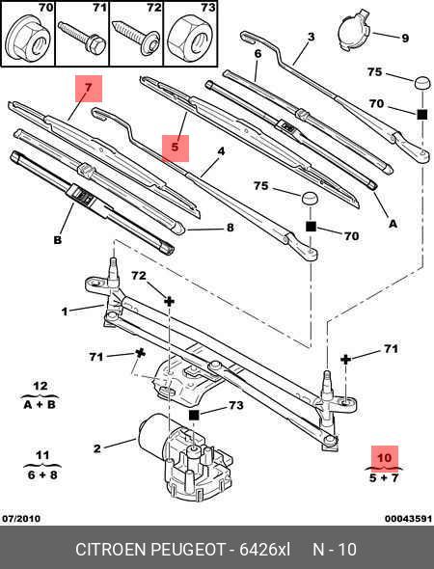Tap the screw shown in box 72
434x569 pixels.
(137, 38)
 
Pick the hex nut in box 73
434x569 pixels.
(191, 38)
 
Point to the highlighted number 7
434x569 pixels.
(89, 88)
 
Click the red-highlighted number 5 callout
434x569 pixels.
(176, 148)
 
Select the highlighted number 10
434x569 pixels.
(384, 458)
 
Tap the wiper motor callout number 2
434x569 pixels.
(96, 448)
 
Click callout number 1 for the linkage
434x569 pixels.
(65, 312)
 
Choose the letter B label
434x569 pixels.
(57, 240)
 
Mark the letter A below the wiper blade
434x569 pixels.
(393, 224)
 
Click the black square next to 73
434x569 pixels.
(195, 415)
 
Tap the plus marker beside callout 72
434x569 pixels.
(169, 301)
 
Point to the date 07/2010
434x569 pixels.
(21, 518)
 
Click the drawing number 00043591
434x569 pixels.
(408, 518)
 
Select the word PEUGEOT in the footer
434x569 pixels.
(188, 550)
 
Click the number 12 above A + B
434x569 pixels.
(40, 386)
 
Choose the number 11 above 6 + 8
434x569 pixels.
(42, 455)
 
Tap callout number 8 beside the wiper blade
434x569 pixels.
(231, 228)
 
